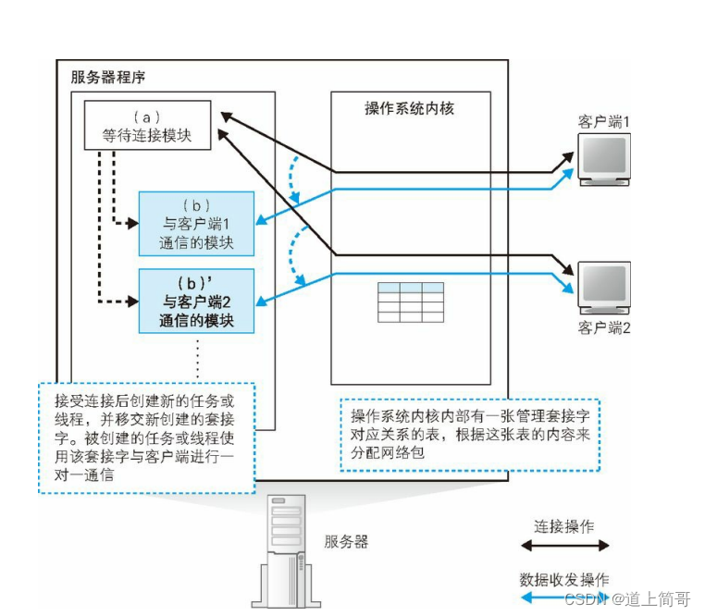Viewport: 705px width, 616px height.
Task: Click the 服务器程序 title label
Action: click(107, 77)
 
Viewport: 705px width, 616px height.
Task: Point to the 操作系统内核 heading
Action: click(409, 108)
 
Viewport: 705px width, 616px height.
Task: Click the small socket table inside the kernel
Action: click(410, 302)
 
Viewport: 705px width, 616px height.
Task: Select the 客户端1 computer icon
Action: click(602, 159)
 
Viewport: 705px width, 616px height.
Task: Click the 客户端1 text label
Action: click(603, 121)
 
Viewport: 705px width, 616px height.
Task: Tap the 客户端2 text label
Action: click(603, 327)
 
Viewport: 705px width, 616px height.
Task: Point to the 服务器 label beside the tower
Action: click(346, 542)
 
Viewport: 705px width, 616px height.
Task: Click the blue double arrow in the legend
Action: click(555, 598)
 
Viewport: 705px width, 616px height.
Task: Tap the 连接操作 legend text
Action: click(564, 525)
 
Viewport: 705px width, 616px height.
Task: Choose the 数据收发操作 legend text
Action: click(564, 579)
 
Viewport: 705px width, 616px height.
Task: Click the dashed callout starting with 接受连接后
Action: click(147, 437)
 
